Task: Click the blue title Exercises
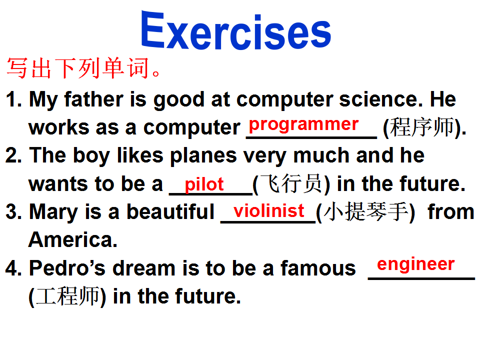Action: point(235,30)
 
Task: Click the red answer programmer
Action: point(303,125)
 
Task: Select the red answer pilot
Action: point(204,184)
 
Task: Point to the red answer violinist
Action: point(269,210)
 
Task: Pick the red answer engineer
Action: point(415,264)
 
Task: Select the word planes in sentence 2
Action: point(203,156)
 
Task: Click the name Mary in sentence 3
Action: point(53,212)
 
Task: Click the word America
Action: point(73,239)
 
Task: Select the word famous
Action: point(318,268)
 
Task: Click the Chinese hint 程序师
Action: point(422,127)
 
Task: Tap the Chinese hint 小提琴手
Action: point(365,211)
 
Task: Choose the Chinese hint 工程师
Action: point(67,296)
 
